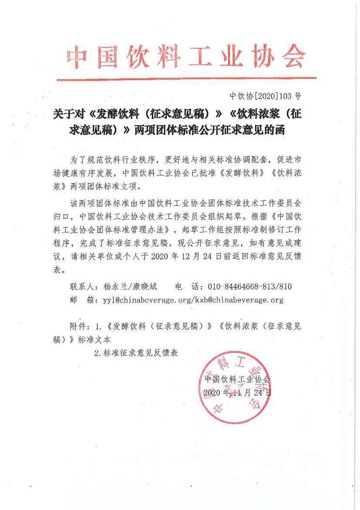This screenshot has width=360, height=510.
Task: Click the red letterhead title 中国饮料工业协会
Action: (x=186, y=58)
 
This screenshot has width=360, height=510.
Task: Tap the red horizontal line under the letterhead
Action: (x=186, y=78)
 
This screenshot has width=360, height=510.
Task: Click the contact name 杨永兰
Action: (x=115, y=286)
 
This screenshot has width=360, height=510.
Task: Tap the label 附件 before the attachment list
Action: (x=79, y=326)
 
